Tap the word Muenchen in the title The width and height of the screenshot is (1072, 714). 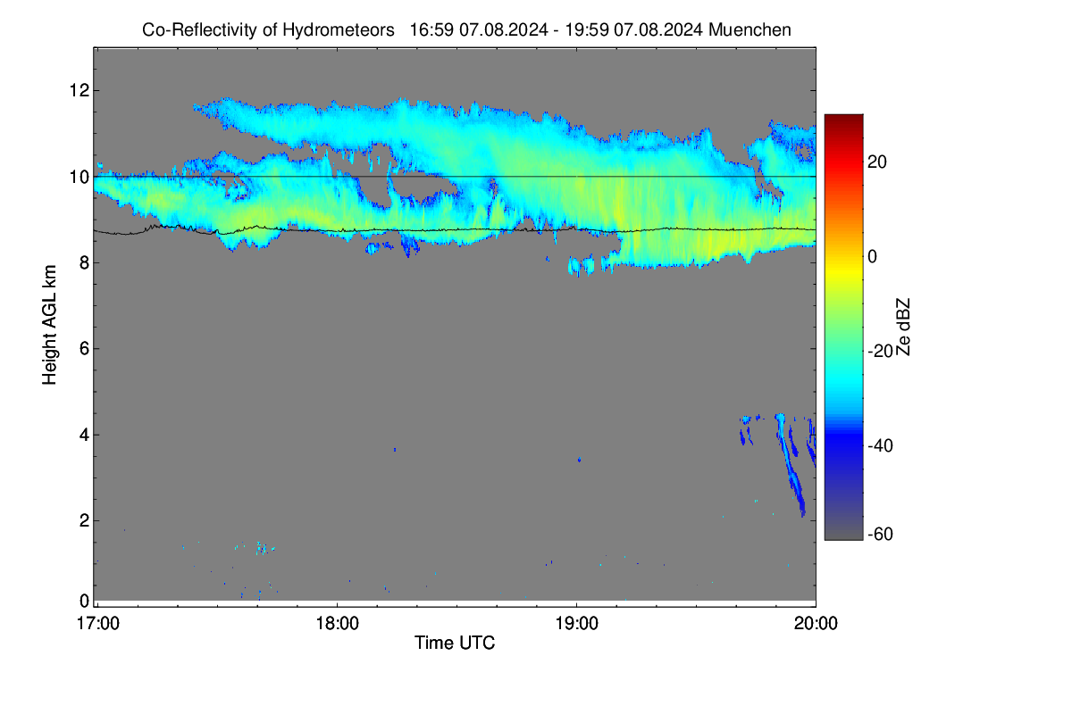[x=750, y=30]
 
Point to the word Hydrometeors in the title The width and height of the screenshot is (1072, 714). [x=339, y=30]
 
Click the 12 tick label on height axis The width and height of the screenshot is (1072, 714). [x=80, y=90]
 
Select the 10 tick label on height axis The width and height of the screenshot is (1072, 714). [x=80, y=177]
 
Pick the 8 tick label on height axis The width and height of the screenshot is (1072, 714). [x=85, y=262]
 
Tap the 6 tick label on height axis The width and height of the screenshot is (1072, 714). [x=85, y=349]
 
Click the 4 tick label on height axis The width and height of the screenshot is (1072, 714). [x=85, y=435]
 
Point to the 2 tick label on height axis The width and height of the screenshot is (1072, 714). [x=85, y=520]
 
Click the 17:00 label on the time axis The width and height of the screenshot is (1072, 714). [x=98, y=624]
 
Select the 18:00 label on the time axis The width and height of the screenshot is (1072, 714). [x=338, y=624]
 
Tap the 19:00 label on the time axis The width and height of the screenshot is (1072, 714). [x=577, y=624]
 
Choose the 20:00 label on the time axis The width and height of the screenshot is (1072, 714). [x=816, y=624]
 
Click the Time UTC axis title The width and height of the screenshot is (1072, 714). [x=455, y=643]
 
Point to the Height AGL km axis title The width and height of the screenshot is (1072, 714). [x=49, y=325]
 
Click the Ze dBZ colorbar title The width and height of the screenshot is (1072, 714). [x=902, y=328]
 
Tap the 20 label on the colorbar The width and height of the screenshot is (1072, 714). [x=877, y=162]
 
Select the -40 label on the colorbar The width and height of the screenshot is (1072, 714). [x=880, y=445]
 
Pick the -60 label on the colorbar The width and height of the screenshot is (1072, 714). [x=880, y=535]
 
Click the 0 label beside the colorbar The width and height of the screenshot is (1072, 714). [x=873, y=257]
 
